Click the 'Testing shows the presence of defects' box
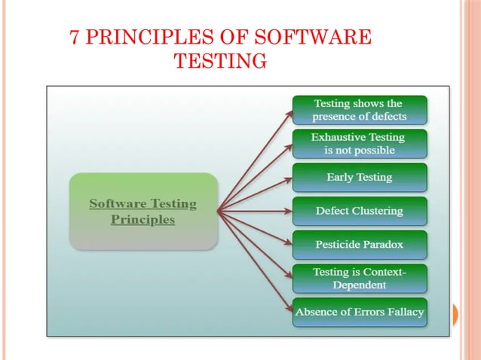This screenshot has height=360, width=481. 360,110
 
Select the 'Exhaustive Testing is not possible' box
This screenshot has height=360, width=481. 360,144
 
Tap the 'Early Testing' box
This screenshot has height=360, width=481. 360,178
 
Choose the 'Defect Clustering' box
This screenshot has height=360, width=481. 360,211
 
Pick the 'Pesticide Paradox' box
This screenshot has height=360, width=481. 360,245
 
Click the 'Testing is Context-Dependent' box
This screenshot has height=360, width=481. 360,279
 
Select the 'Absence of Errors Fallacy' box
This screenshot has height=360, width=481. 360,312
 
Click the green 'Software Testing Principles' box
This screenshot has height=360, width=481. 143,212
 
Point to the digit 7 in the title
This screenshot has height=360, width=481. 75,38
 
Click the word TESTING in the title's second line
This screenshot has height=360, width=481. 220,61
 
